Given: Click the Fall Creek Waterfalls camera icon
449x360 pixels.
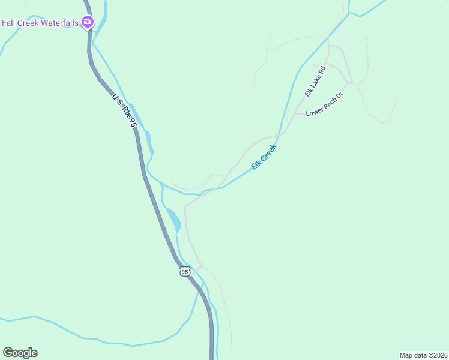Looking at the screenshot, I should [88, 22].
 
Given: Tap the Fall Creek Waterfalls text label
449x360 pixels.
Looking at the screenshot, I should [40, 23].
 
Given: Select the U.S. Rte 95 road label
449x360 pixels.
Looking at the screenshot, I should [124, 109].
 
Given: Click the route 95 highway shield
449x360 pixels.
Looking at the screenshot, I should [184, 272].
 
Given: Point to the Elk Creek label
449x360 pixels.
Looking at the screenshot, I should [264, 157].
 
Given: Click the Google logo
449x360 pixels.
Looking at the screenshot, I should [20, 353].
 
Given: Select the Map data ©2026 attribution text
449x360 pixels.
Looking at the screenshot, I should [423, 355].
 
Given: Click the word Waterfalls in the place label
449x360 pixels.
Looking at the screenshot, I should [59, 23].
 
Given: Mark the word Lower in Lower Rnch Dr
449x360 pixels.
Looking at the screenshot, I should [314, 113].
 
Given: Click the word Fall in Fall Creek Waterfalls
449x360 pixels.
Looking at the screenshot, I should [8, 23].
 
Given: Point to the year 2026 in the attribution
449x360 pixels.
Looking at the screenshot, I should [438, 355].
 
